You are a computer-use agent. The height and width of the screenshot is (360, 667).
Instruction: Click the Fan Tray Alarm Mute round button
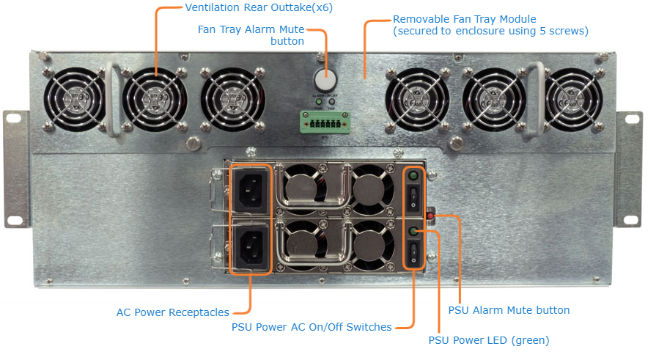click(324, 80)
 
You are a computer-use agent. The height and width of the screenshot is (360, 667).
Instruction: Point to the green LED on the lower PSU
click(414, 232)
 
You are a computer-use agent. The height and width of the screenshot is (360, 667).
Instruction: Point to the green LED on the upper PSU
click(414, 177)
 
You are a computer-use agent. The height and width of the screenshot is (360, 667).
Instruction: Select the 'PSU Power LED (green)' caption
click(488, 340)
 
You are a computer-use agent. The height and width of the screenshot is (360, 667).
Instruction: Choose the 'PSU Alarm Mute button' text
click(509, 310)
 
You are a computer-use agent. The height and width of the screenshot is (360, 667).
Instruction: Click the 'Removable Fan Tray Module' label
click(465, 19)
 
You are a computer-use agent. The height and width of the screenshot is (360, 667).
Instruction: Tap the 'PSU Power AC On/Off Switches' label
click(312, 327)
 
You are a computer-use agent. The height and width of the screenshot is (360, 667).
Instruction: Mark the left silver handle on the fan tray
click(111, 99)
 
